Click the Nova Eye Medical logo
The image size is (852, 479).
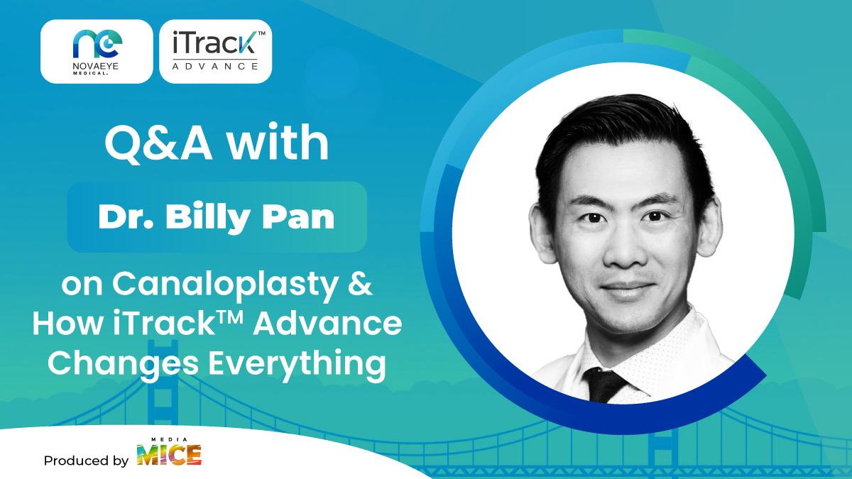pos(97,52)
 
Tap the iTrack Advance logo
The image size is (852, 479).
pos(216,52)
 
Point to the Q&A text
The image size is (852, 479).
pos(158,143)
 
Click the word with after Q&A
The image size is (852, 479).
pos(278,142)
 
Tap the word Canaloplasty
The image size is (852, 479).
pos(225,285)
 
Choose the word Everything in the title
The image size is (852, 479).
pos(297,364)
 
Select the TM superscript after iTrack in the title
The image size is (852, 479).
pos(230,316)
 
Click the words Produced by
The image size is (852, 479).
pos(87,461)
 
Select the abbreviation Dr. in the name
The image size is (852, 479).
pos(126,217)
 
